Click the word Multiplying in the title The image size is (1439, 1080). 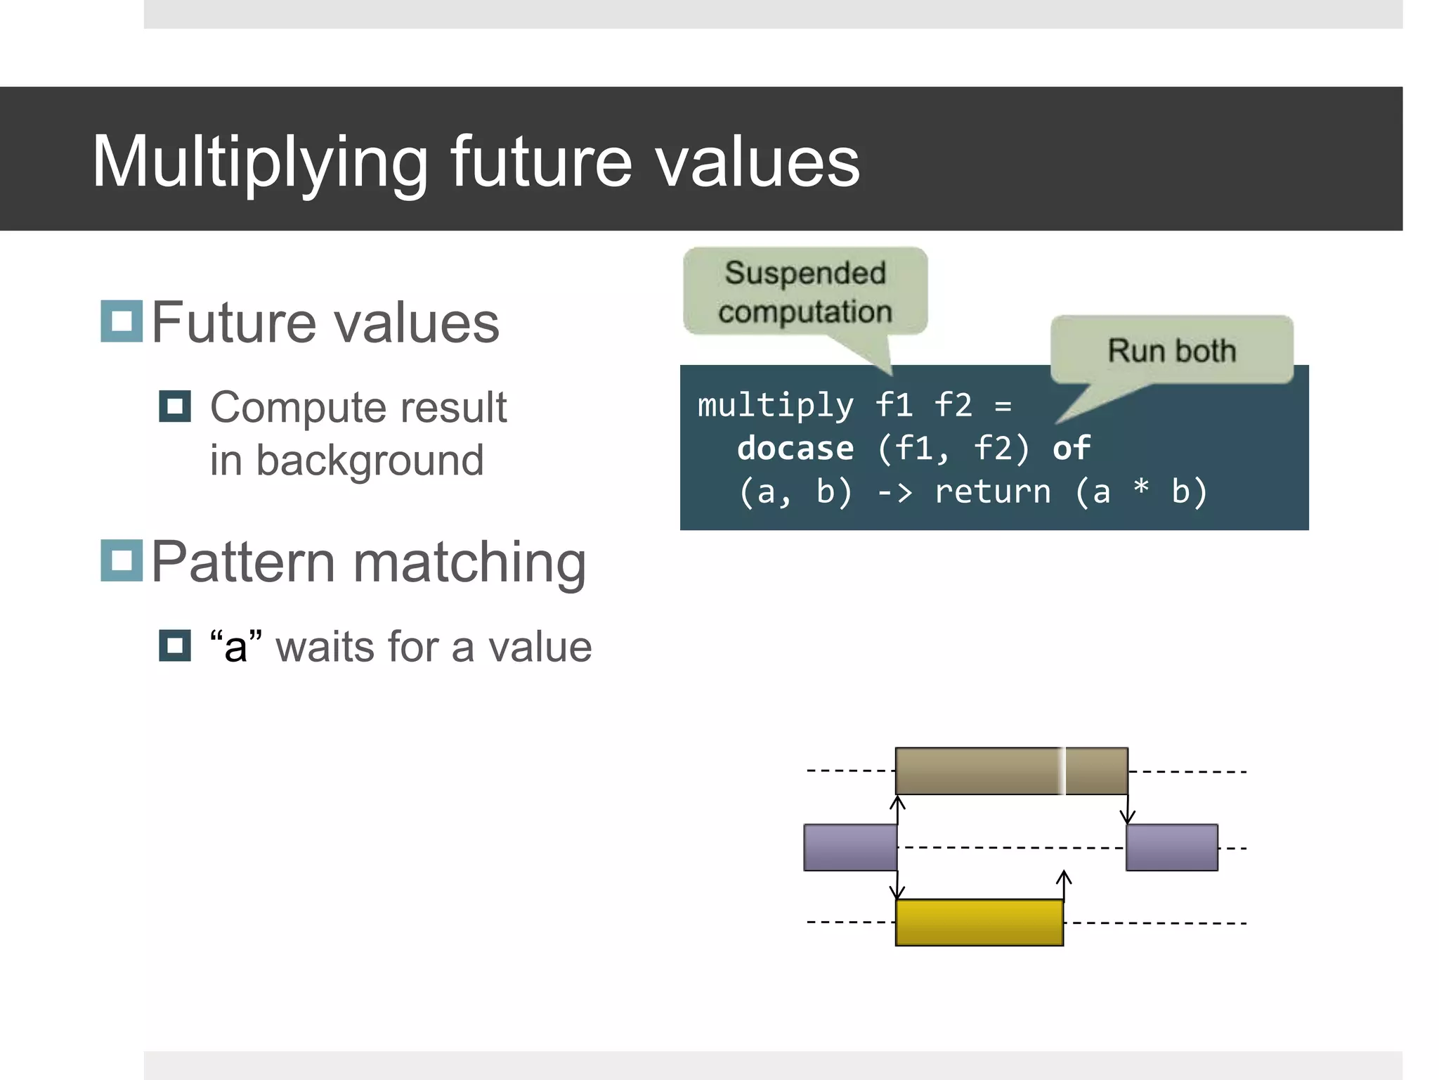pyautogui.click(x=260, y=163)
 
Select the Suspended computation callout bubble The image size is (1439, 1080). pyautogui.click(x=805, y=292)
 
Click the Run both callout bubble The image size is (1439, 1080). pyautogui.click(x=1171, y=350)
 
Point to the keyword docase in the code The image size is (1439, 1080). pyautogui.click(x=795, y=449)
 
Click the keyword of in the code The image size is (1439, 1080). pyautogui.click(x=1071, y=449)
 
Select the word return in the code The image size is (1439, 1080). pyautogui.click(x=992, y=491)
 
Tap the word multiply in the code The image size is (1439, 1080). pyautogui.click(x=775, y=406)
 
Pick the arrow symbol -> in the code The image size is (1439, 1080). pyautogui.click(x=895, y=492)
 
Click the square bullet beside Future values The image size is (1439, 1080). pyautogui.click(x=122, y=321)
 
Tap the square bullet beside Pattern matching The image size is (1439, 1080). pyautogui.click(x=122, y=560)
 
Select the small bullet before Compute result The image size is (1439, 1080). pyautogui.click(x=175, y=406)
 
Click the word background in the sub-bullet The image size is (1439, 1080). pyautogui.click(x=370, y=461)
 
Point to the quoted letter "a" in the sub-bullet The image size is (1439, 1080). pyautogui.click(x=236, y=646)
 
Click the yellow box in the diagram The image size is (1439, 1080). pyautogui.click(x=979, y=922)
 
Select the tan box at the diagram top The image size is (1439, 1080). pyautogui.click(x=1011, y=771)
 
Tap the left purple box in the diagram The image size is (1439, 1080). pyautogui.click(x=850, y=847)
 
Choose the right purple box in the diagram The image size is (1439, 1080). pyautogui.click(x=1171, y=847)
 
